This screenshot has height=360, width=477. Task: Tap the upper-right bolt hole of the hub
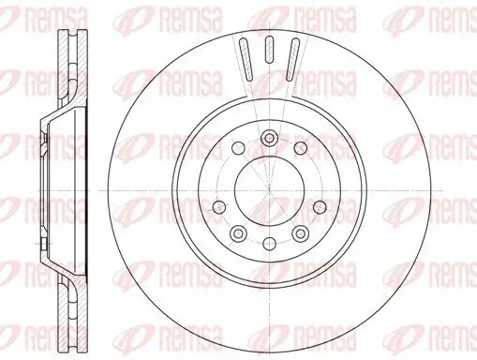coord(299,148)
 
